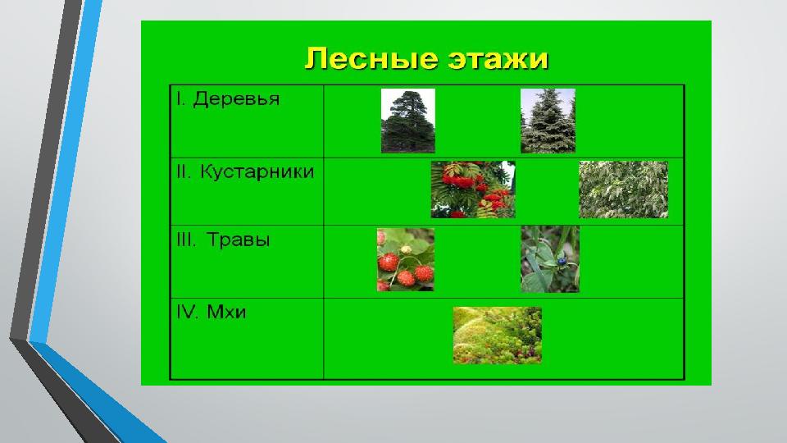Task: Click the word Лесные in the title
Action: coord(372,59)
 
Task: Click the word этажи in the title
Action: coord(498,59)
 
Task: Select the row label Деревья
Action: coord(236,99)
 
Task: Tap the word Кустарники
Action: coord(257,171)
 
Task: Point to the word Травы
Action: coord(238,240)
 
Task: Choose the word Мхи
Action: coord(226,313)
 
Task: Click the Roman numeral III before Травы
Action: coord(186,240)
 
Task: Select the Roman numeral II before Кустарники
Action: coord(184,171)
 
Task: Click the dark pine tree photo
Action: coord(408,121)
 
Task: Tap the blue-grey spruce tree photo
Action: coord(548,121)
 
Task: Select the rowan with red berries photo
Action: coord(473,190)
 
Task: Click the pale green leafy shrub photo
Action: coord(623,190)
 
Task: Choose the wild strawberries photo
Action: coord(406,260)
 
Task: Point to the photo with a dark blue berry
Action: coord(549,259)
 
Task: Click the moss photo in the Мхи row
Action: coord(497,335)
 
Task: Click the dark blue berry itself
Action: coord(562,261)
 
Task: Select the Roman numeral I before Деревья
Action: coord(180,99)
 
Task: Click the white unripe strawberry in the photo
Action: coord(406,250)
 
